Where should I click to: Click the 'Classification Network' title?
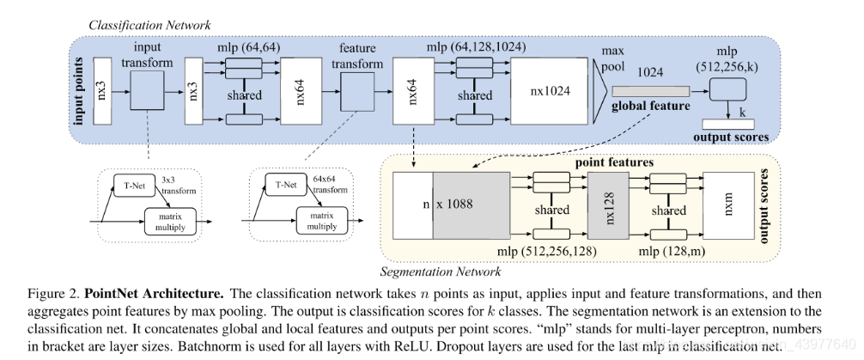(149, 26)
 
